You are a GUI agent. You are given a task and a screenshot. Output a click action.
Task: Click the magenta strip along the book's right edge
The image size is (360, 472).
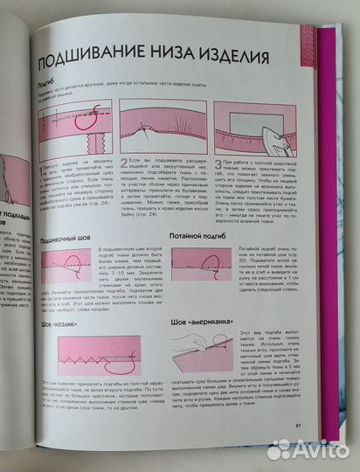pos(329,175)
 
